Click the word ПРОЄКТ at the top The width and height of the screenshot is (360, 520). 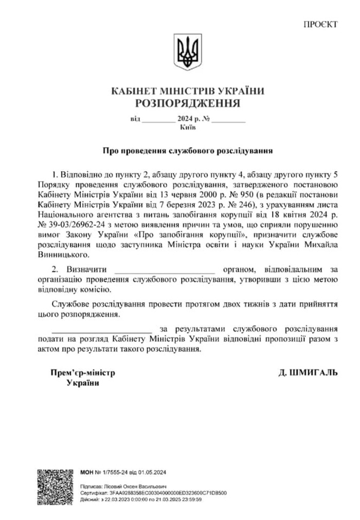(x=320, y=24)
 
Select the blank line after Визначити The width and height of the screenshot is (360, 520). (x=164, y=269)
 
